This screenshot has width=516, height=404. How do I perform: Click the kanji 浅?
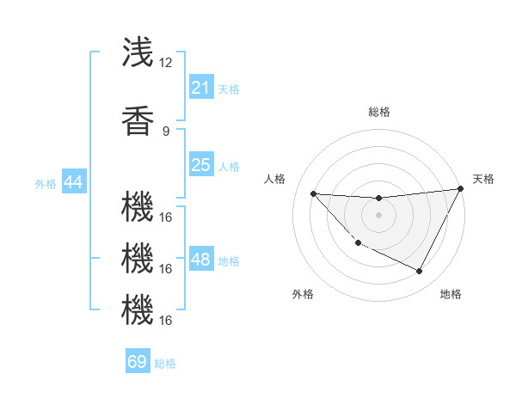138,52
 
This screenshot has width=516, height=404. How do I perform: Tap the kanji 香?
138,121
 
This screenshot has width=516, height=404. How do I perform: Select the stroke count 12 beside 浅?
166,63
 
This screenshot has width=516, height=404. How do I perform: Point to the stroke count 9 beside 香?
166,131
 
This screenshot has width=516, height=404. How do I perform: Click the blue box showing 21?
200,87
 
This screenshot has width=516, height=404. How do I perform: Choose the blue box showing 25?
200,165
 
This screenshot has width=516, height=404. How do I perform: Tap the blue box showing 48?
200,260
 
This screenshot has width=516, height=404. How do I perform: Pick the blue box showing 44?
73,182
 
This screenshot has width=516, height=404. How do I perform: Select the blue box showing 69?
138,362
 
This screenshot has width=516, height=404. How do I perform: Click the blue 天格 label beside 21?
229,89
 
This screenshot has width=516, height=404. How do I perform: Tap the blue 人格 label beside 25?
229,167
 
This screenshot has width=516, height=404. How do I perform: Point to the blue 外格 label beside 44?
45,183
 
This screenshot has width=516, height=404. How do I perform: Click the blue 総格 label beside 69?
165,364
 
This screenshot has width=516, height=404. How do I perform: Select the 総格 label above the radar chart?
378,112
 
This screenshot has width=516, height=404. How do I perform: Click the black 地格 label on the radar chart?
451,294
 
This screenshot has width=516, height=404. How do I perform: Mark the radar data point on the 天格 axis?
461,189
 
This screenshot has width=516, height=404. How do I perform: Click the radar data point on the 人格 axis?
313,193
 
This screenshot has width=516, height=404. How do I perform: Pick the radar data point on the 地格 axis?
420,272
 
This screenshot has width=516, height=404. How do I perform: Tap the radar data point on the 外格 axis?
358,243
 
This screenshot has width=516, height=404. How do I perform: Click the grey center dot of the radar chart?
378,215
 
